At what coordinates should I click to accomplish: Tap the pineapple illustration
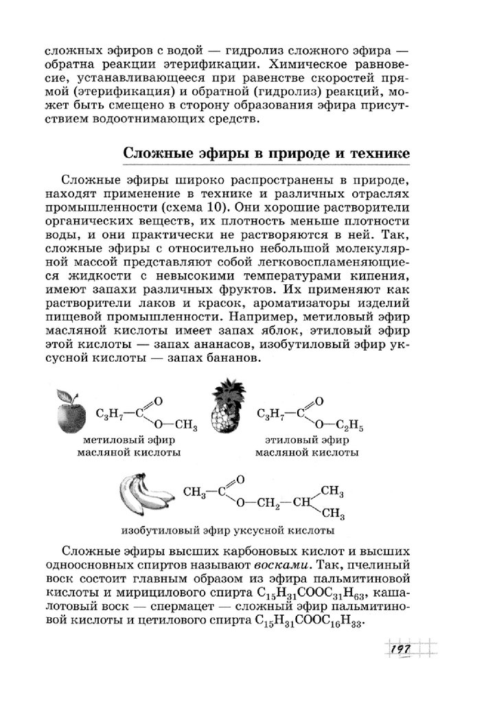tap(226, 412)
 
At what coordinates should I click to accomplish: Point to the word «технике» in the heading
tap(376, 152)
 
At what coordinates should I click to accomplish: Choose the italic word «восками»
tap(279, 564)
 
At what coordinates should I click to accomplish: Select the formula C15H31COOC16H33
tap(306, 620)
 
